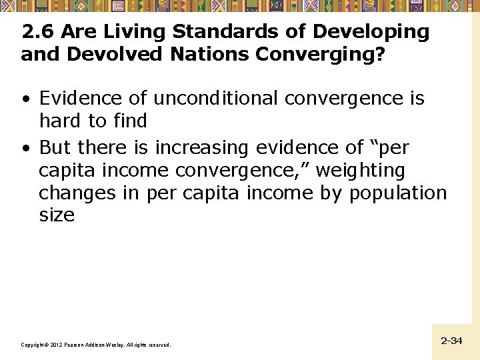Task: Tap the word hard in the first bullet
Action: tap(61, 121)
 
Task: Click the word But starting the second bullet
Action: tap(55, 147)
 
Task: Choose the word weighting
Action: tap(360, 171)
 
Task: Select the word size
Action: tap(57, 216)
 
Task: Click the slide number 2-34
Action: tap(451, 341)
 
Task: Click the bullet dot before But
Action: tap(25, 148)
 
